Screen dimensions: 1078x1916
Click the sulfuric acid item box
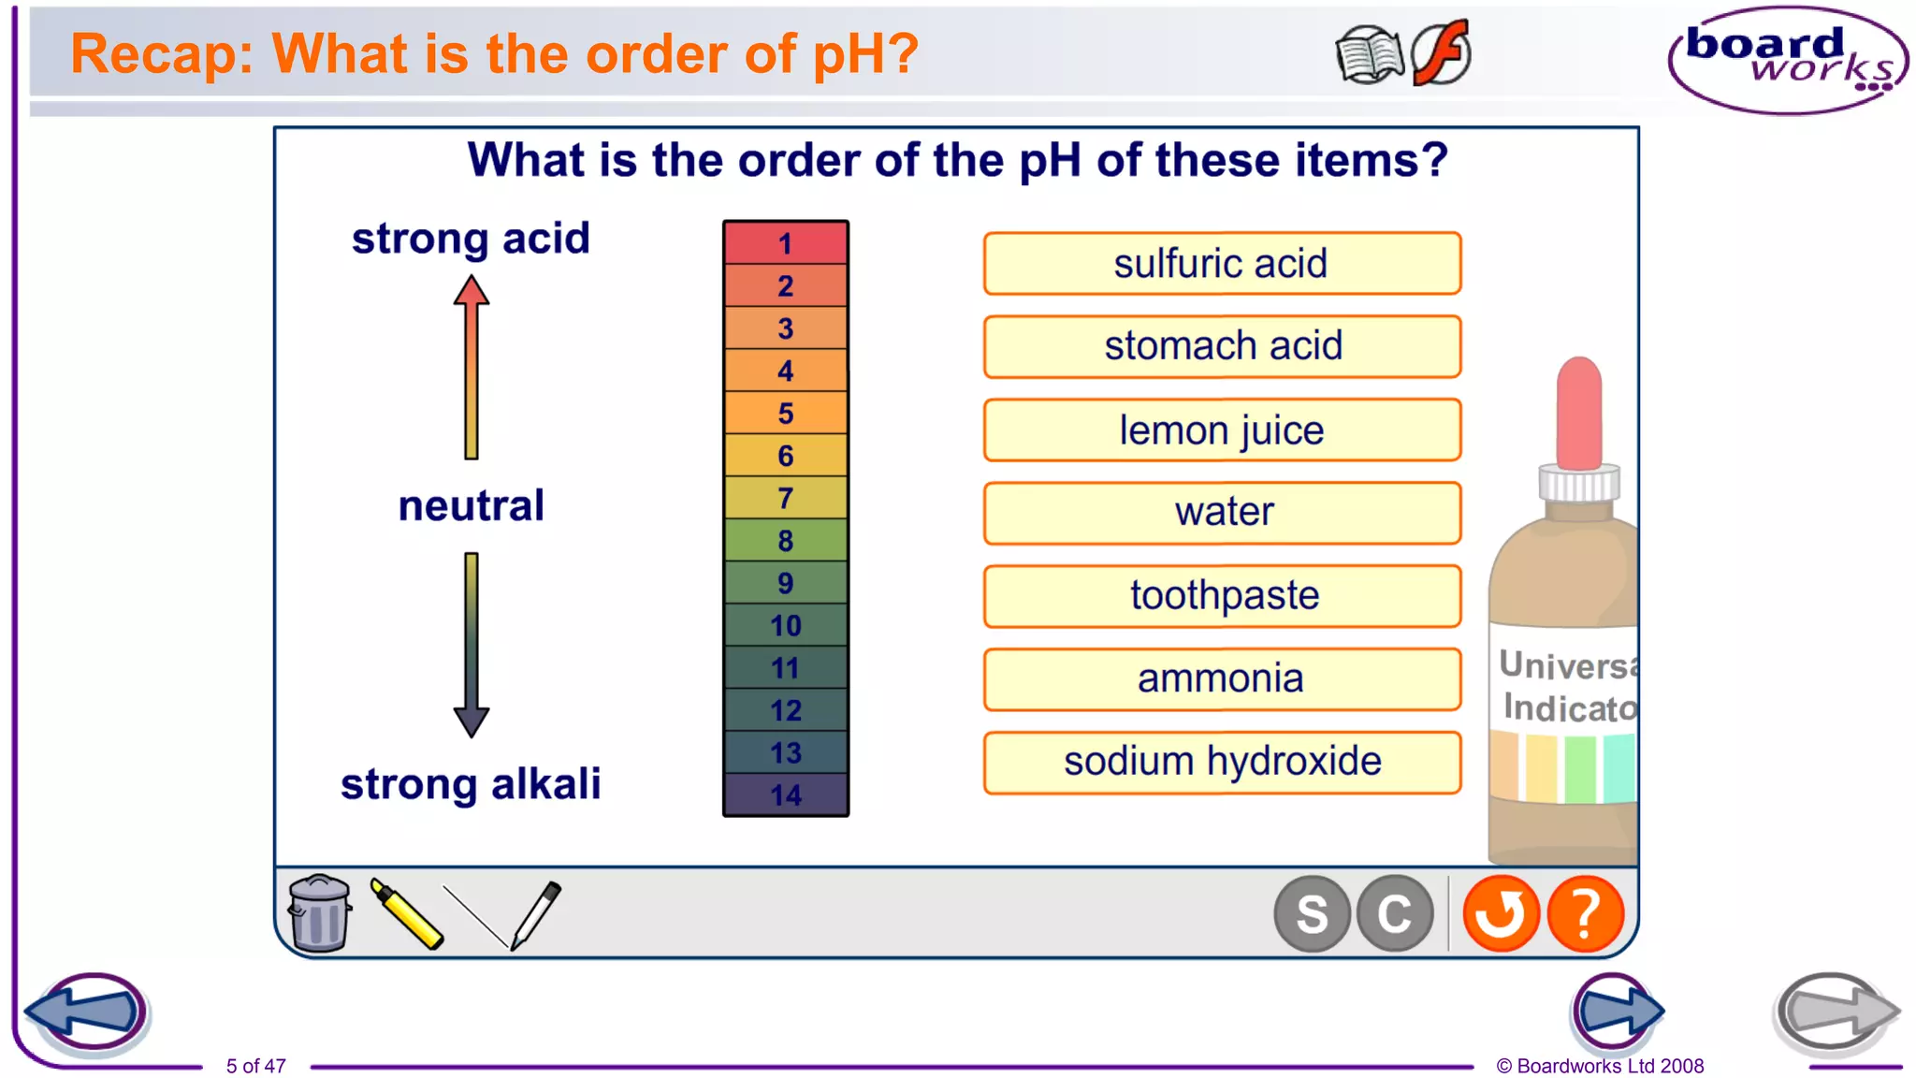coord(1222,264)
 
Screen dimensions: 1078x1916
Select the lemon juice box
coord(1222,430)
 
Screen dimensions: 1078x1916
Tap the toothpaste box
coord(1222,596)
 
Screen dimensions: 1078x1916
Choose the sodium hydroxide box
coord(1222,762)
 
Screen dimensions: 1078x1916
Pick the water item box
coord(1222,513)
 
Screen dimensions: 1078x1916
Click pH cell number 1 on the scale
coord(786,243)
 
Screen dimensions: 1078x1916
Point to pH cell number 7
coord(786,498)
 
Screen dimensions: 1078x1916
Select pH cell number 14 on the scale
coord(786,794)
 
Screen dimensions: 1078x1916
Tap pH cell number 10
coord(786,625)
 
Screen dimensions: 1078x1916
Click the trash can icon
coord(319,913)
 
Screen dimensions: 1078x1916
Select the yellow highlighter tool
coord(406,914)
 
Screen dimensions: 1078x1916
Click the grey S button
coord(1312,913)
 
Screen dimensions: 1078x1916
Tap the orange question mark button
coord(1585,913)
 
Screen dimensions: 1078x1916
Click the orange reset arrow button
coord(1501,913)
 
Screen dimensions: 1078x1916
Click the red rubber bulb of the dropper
coord(1579,412)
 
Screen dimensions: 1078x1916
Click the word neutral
coord(471,506)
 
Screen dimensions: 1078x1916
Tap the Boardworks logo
coord(1788,61)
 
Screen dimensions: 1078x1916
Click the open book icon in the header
coord(1370,55)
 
